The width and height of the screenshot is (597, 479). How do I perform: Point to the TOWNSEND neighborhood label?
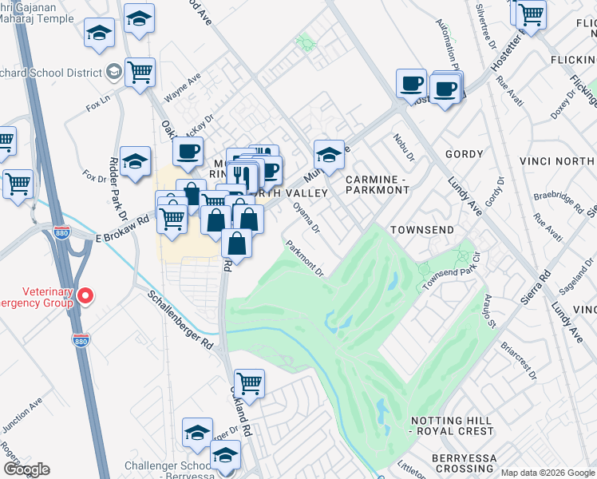tap(421, 230)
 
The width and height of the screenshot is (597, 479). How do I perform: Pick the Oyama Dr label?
tap(306, 218)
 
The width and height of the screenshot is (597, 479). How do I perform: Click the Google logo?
tap(26, 469)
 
